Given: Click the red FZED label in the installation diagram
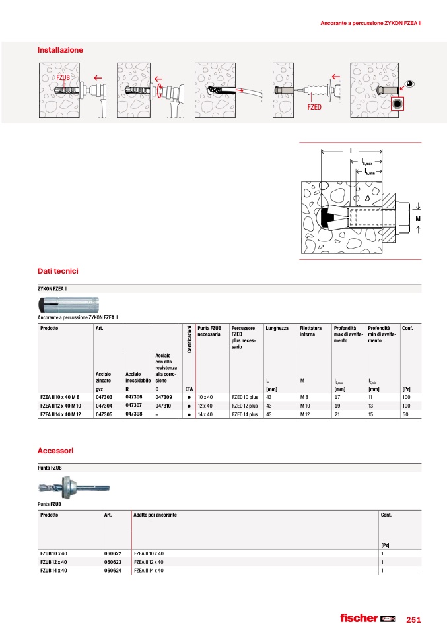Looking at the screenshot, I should pos(314,106).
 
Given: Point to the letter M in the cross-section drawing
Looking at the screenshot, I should pos(417,218).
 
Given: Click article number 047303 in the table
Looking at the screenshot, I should pos(104,397).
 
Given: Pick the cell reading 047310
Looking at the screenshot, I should pos(164,406).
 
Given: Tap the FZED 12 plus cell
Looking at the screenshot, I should pos(245,406).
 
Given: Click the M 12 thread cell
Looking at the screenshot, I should pos(305,414).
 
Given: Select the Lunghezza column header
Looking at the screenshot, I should pos(277,328).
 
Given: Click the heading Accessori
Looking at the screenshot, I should pos(55,451).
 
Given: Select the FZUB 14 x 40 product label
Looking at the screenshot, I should pos(53,571).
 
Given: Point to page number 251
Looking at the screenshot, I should pos(414,619).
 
